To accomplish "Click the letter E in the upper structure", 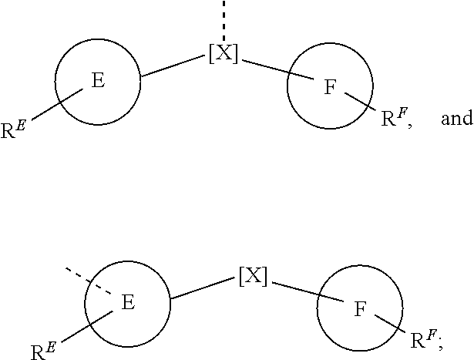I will [x=99, y=81].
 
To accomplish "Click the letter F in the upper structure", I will [x=330, y=87].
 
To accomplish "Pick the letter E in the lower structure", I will [x=129, y=303].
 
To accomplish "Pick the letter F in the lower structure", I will [x=360, y=309].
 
